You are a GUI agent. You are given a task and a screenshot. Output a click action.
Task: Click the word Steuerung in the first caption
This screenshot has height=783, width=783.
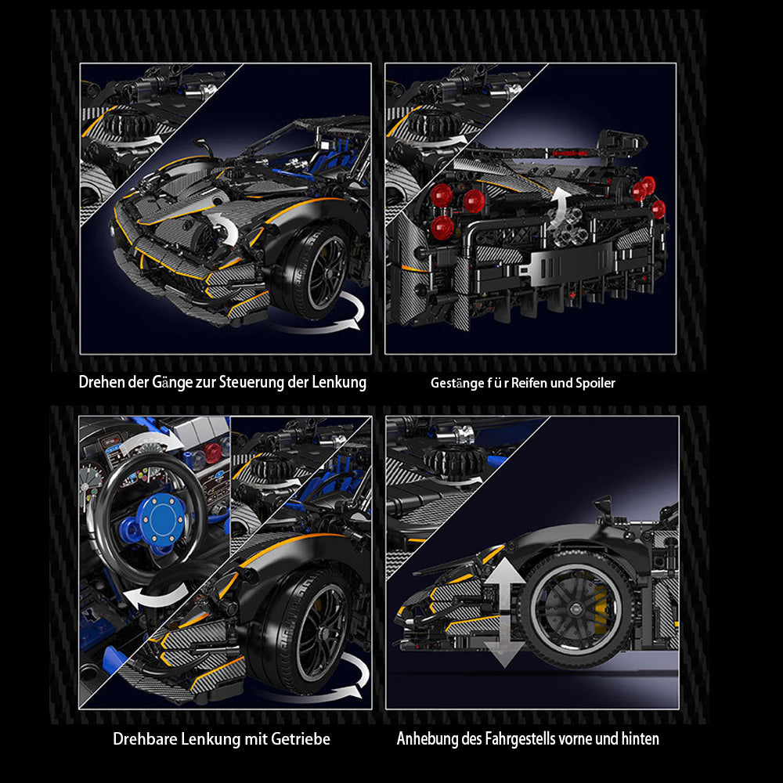(x=251, y=383)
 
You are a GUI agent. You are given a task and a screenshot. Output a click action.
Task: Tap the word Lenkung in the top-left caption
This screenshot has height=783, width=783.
(x=339, y=383)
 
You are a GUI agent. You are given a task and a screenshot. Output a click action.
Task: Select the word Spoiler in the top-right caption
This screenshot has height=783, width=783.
(x=595, y=384)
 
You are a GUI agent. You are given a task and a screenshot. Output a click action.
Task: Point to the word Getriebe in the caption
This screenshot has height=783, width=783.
(x=301, y=738)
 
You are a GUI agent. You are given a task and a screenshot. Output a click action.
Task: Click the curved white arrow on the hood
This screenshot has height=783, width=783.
(x=227, y=228)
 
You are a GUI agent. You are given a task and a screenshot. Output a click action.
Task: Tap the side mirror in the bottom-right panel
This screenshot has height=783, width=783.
(x=603, y=506)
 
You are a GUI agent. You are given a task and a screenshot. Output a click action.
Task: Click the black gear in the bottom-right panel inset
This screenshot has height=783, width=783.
(x=454, y=460)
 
